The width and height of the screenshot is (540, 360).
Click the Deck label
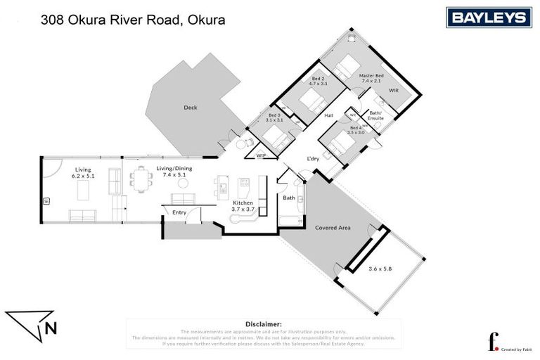pos(190,108)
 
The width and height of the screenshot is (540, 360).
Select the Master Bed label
pos(371,78)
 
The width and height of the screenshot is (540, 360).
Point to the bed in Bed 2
pos(309,101)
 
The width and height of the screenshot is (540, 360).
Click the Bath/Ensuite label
pos(376,115)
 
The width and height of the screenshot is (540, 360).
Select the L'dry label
pos(313,160)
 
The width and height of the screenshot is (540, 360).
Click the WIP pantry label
pos(261,155)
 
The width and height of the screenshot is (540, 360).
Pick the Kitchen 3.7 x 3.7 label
pos(243,205)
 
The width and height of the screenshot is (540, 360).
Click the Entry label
pos(179,212)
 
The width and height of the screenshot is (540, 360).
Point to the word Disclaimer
pos(263,323)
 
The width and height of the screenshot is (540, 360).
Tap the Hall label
pos(328,116)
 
